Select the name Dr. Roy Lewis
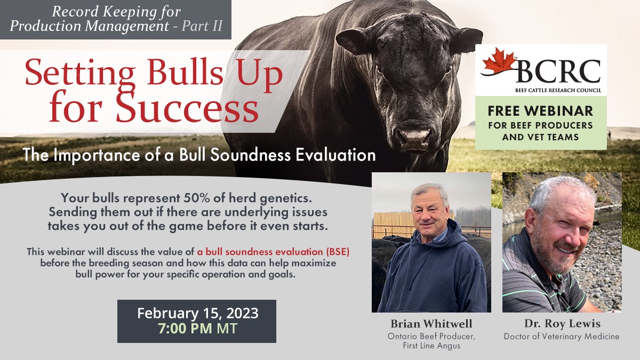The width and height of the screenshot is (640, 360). pyautogui.click(x=562, y=324)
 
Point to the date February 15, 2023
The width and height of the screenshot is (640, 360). pyautogui.click(x=197, y=313)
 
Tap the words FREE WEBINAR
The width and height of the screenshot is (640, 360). pyautogui.click(x=541, y=111)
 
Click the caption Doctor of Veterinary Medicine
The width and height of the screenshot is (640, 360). pyautogui.click(x=562, y=337)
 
